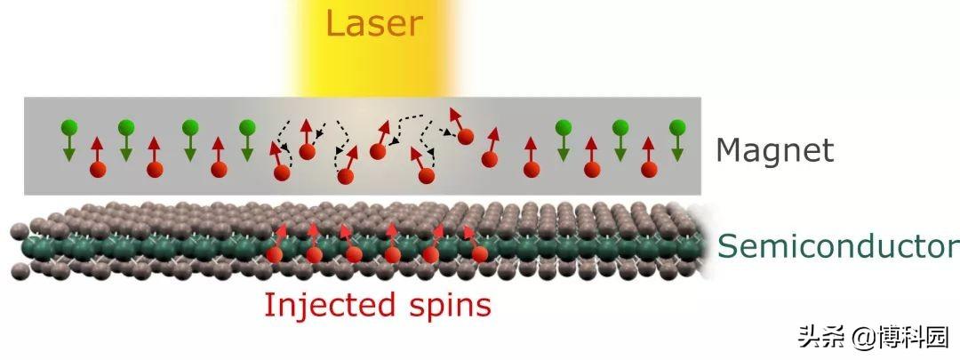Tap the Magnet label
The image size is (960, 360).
point(775,150)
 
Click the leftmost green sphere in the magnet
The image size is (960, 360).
point(68,127)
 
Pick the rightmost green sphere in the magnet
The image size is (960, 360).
point(676,126)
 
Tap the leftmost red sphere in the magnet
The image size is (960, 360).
point(97,168)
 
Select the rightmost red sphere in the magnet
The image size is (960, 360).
point(649,168)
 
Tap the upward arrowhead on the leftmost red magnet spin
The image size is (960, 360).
point(97,140)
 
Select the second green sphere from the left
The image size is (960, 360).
point(125,127)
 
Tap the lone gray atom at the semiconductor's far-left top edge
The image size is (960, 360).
point(17,232)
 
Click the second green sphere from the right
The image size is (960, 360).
point(620,126)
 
